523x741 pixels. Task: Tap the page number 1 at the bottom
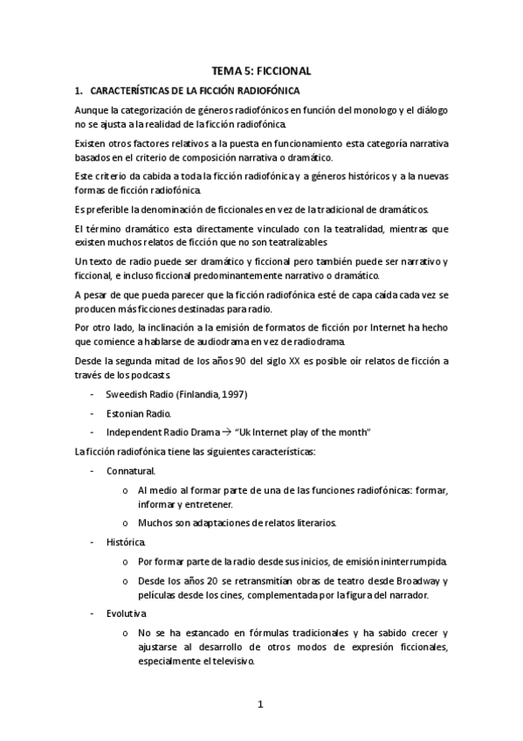pyautogui.click(x=260, y=704)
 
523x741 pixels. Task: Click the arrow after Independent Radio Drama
pyautogui.click(x=224, y=432)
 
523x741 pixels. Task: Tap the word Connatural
pyautogui.click(x=130, y=470)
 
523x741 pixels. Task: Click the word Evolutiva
pyautogui.click(x=127, y=613)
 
